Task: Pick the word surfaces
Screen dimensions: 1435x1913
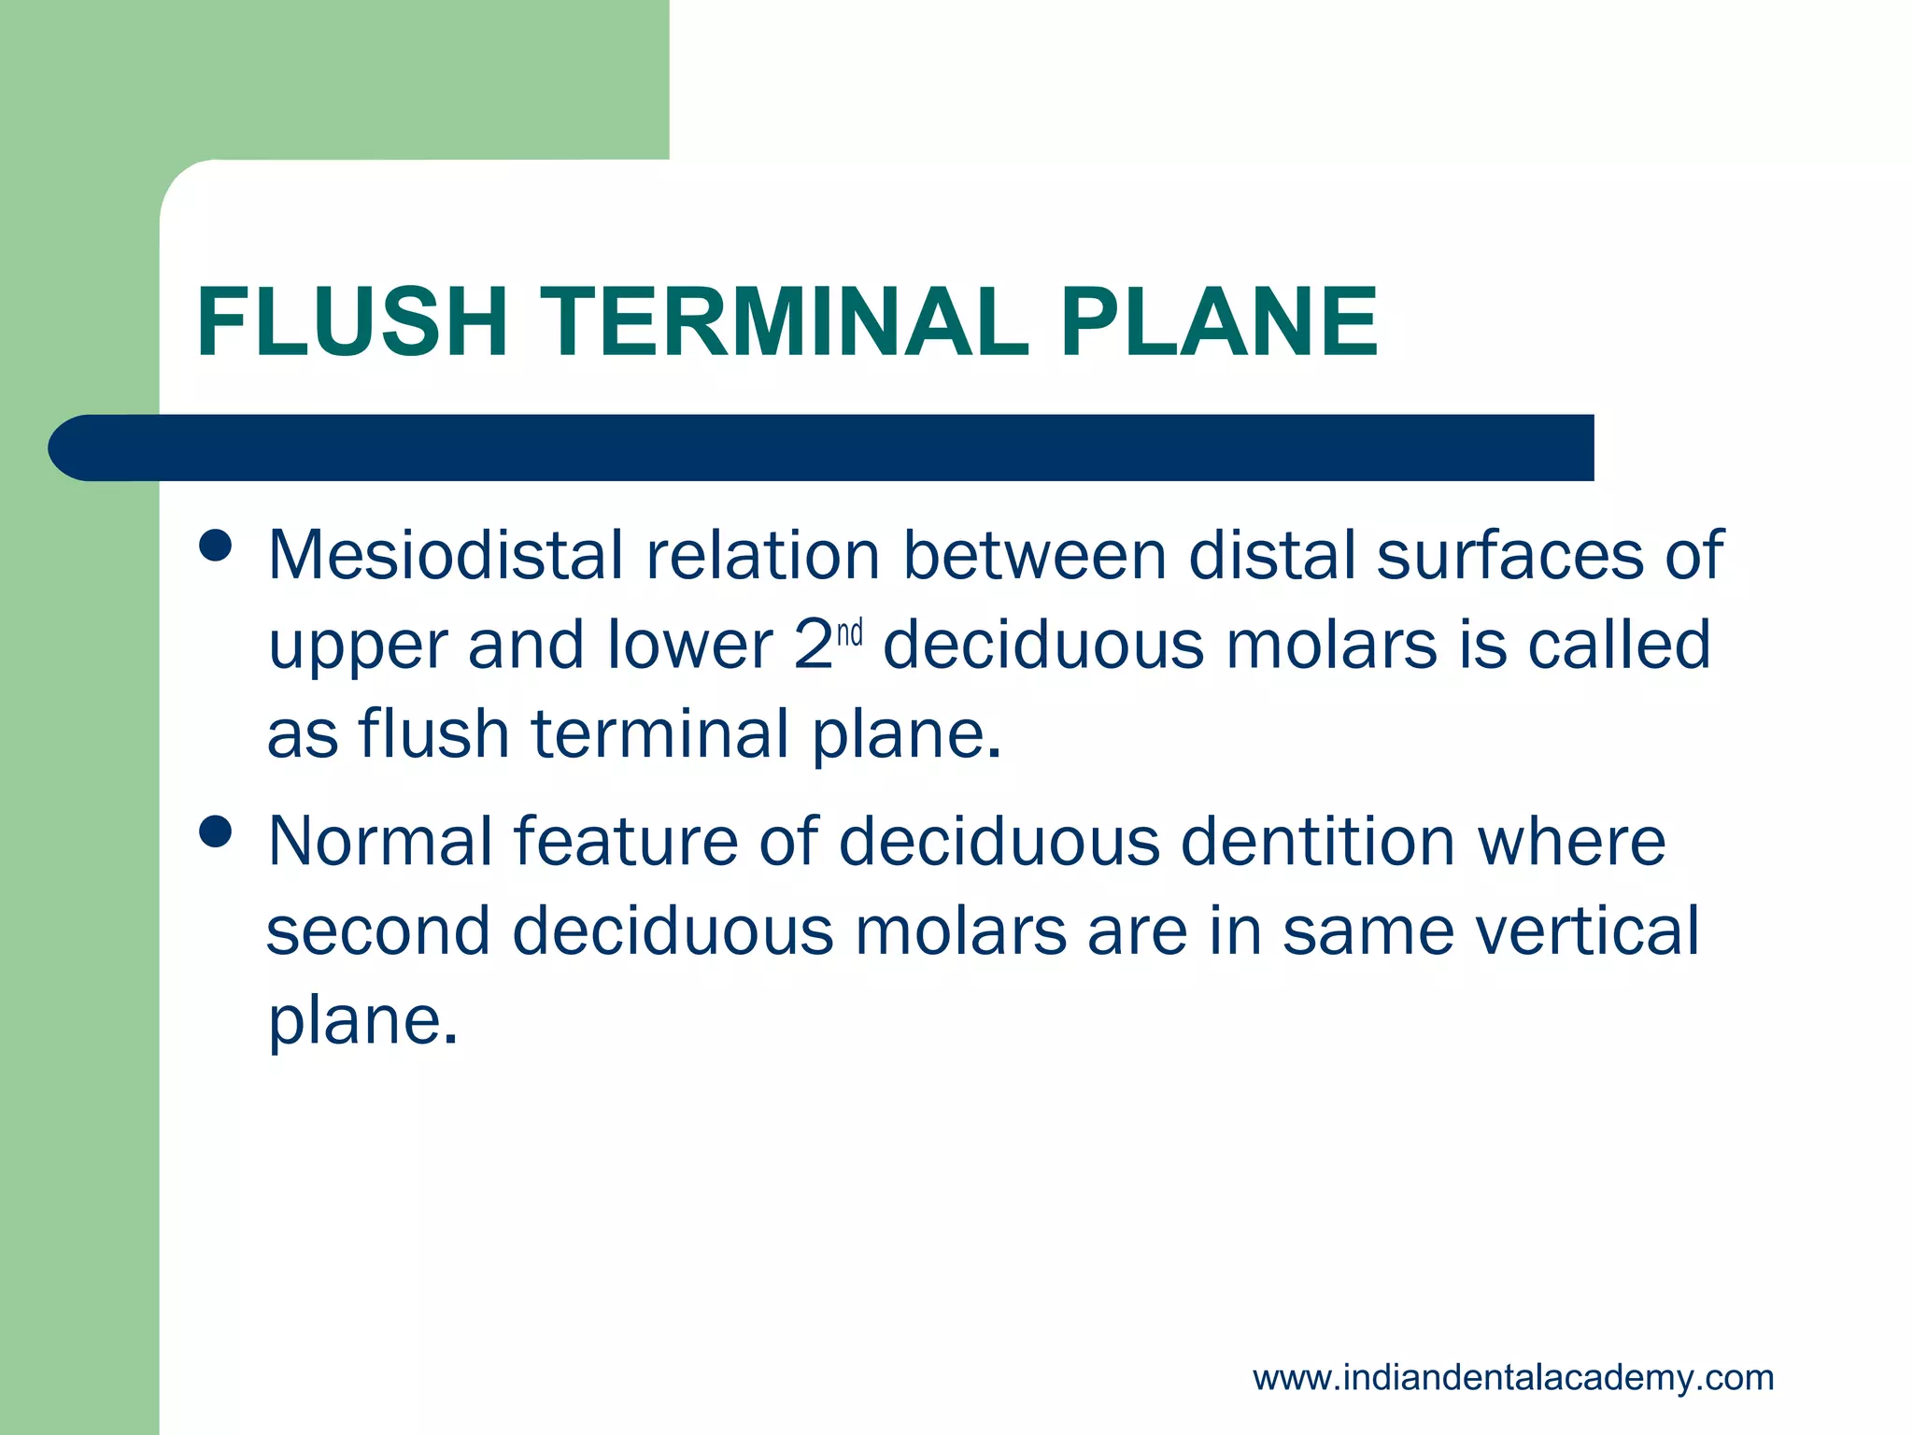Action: [1508, 555]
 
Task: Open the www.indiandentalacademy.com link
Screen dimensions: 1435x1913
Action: [1513, 1378]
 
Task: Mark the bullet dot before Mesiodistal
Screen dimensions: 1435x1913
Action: [216, 546]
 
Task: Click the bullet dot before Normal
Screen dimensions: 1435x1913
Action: [216, 831]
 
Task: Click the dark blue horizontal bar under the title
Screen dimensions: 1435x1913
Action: [822, 448]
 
